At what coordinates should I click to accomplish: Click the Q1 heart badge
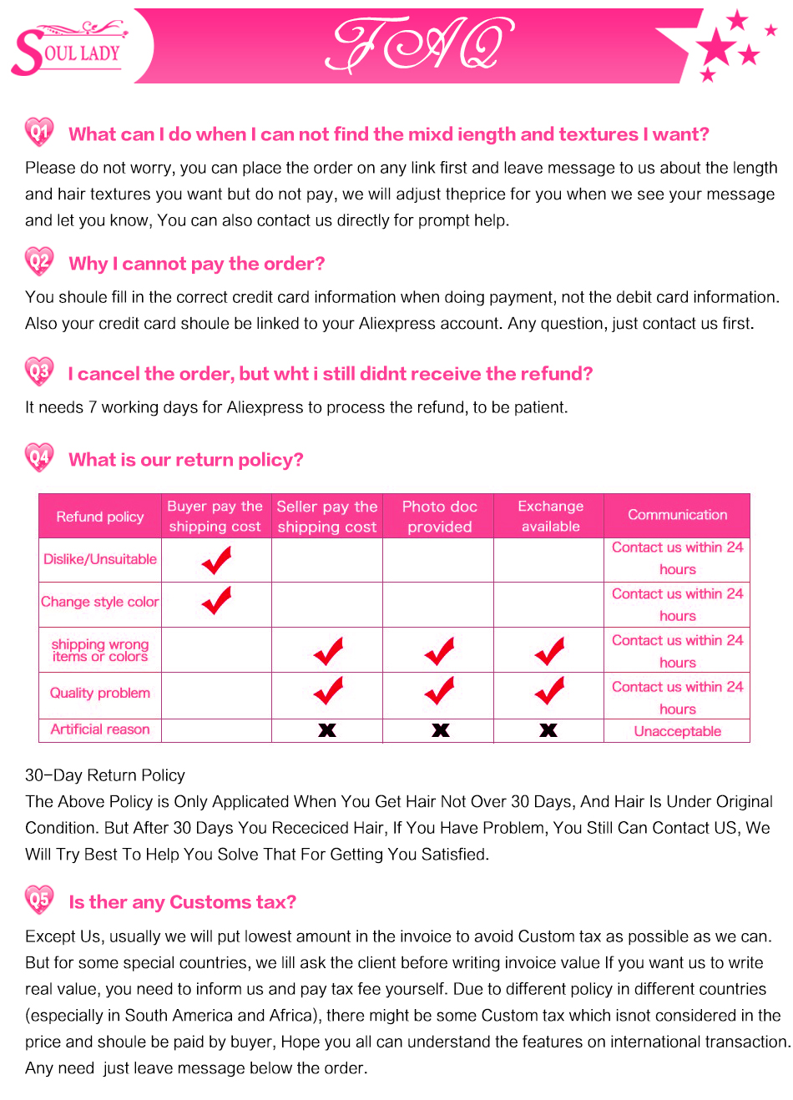[x=39, y=132]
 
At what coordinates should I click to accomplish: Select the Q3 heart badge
[x=39, y=371]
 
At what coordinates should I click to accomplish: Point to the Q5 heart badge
[x=39, y=900]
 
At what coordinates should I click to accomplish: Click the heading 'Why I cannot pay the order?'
[x=197, y=264]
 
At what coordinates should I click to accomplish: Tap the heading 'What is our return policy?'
[x=186, y=460]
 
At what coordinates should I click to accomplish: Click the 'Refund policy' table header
[x=100, y=517]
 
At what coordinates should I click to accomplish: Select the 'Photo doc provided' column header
[x=439, y=517]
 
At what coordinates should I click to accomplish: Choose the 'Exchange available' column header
[x=550, y=517]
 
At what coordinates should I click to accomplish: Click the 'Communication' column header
[x=677, y=515]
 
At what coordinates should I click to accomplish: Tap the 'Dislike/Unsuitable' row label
[x=100, y=559]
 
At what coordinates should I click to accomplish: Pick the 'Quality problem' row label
[x=100, y=693]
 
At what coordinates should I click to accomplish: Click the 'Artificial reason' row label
[x=100, y=729]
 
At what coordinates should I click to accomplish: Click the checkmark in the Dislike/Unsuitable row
[x=217, y=560]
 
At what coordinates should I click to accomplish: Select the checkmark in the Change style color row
[x=217, y=600]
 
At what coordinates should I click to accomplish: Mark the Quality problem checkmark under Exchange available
[x=549, y=691]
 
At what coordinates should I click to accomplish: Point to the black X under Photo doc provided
[x=440, y=730]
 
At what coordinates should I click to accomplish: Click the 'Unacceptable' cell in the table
[x=677, y=731]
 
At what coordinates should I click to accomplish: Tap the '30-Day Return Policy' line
[x=105, y=775]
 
